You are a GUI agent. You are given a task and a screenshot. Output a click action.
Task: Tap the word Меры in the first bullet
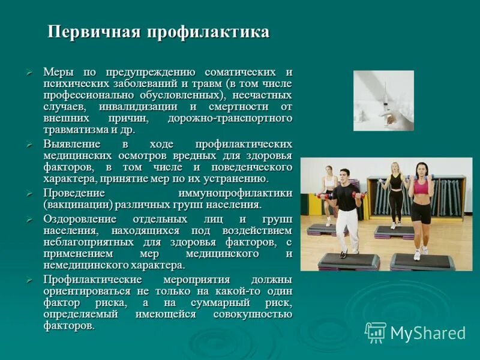click(58, 72)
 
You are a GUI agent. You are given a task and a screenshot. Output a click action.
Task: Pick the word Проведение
click(74, 193)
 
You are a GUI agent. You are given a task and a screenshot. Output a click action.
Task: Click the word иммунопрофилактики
click(235, 193)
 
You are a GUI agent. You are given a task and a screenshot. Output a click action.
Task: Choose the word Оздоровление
click(82, 219)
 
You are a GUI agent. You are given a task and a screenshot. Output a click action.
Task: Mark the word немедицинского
click(83, 265)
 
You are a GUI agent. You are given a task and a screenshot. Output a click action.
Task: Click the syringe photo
click(383, 100)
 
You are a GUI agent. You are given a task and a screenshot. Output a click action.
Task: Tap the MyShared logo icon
click(376, 332)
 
